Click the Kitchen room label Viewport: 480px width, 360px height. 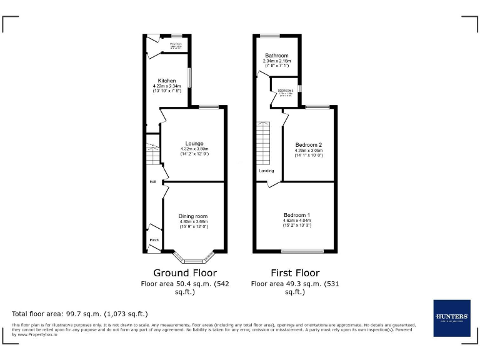click(x=166, y=81)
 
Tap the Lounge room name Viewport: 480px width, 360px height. click(x=194, y=143)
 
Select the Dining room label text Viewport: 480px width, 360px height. click(x=194, y=216)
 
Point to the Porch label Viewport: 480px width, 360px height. click(x=153, y=240)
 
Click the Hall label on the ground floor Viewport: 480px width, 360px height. click(x=152, y=182)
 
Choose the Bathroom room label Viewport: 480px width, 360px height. click(x=276, y=55)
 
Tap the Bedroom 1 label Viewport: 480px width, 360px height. click(x=297, y=215)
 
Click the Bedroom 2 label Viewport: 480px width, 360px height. click(x=309, y=145)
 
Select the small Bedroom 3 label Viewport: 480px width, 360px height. click(x=285, y=91)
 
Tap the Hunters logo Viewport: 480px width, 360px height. click(x=451, y=317)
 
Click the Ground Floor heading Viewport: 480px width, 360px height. click(x=185, y=273)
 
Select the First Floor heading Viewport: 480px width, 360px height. click(x=295, y=273)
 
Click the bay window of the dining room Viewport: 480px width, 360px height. click(x=194, y=258)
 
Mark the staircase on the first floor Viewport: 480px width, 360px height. click(x=264, y=142)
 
